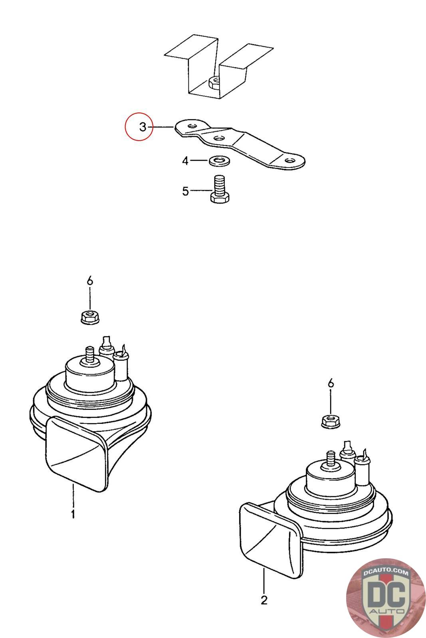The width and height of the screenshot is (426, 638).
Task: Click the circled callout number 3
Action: (143, 127)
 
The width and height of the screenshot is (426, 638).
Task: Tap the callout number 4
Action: (185, 161)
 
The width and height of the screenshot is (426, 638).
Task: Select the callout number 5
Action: (185, 191)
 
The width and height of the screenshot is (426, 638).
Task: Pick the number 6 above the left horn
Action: (90, 281)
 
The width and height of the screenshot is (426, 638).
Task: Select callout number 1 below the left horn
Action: (73, 514)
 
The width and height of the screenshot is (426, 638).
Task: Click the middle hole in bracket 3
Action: (218, 139)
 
